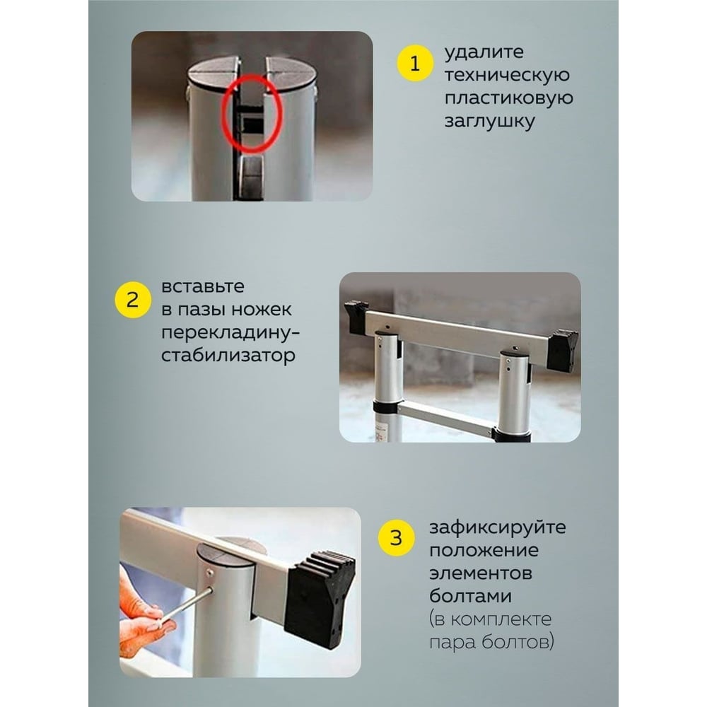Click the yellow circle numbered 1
pyautogui.click(x=415, y=64)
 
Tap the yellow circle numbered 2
pyautogui.click(x=133, y=300)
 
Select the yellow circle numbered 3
pyautogui.click(x=396, y=538)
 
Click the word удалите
pyautogui.click(x=484, y=53)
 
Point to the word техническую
pyautogui.click(x=507, y=75)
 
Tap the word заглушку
pyautogui.click(x=490, y=122)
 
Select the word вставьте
pyautogui.click(x=203, y=286)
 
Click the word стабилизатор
pyautogui.click(x=228, y=356)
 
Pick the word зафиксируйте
pyautogui.click(x=497, y=527)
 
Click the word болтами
pyautogui.click(x=470, y=596)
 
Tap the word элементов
pyautogui.click(x=480, y=573)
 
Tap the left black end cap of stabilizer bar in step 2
pyautogui.click(x=356, y=317)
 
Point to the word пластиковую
pyautogui.click(x=508, y=98)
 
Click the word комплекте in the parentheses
pyautogui.click(x=501, y=619)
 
